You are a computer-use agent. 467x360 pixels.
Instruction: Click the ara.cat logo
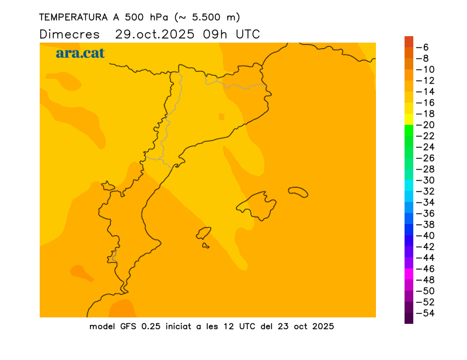(x=80, y=53)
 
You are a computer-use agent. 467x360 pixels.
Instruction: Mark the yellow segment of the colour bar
(x=409, y=119)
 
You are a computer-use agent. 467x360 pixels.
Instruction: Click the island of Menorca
(x=298, y=191)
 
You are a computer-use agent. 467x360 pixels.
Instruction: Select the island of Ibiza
(x=203, y=233)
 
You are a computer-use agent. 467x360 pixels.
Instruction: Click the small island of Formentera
(x=205, y=246)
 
